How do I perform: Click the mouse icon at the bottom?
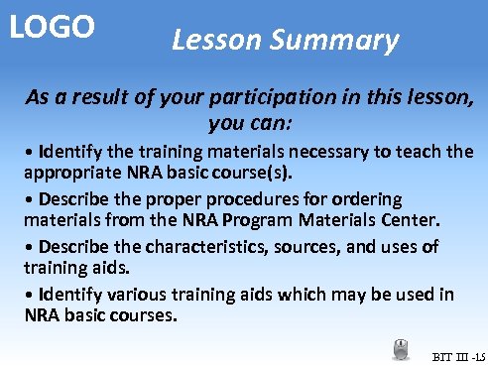[x=401, y=348]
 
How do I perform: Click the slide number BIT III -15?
[x=457, y=355]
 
